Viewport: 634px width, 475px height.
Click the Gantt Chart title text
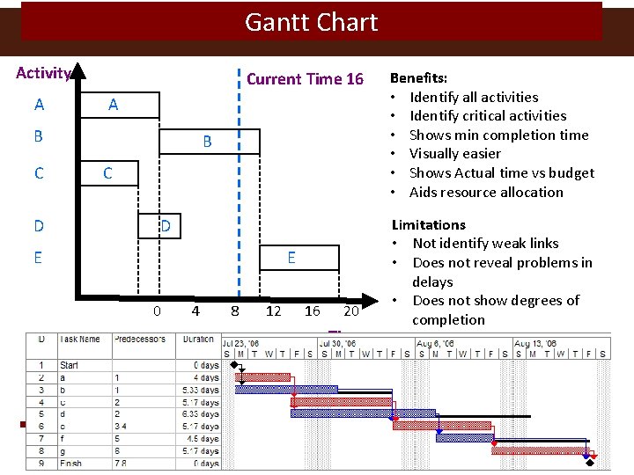point(311,22)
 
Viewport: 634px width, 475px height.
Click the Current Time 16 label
point(305,79)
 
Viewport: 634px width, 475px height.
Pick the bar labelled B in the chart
point(209,142)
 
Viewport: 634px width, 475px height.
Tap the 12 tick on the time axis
point(274,311)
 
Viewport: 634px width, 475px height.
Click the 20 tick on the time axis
point(351,311)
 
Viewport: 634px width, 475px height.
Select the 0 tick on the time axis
point(157,311)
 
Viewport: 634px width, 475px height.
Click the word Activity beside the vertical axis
point(43,73)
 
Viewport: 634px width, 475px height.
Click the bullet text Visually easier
point(454,154)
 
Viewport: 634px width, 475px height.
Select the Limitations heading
point(429,224)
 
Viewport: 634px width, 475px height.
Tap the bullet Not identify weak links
point(485,244)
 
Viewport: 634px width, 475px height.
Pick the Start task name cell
point(70,364)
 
